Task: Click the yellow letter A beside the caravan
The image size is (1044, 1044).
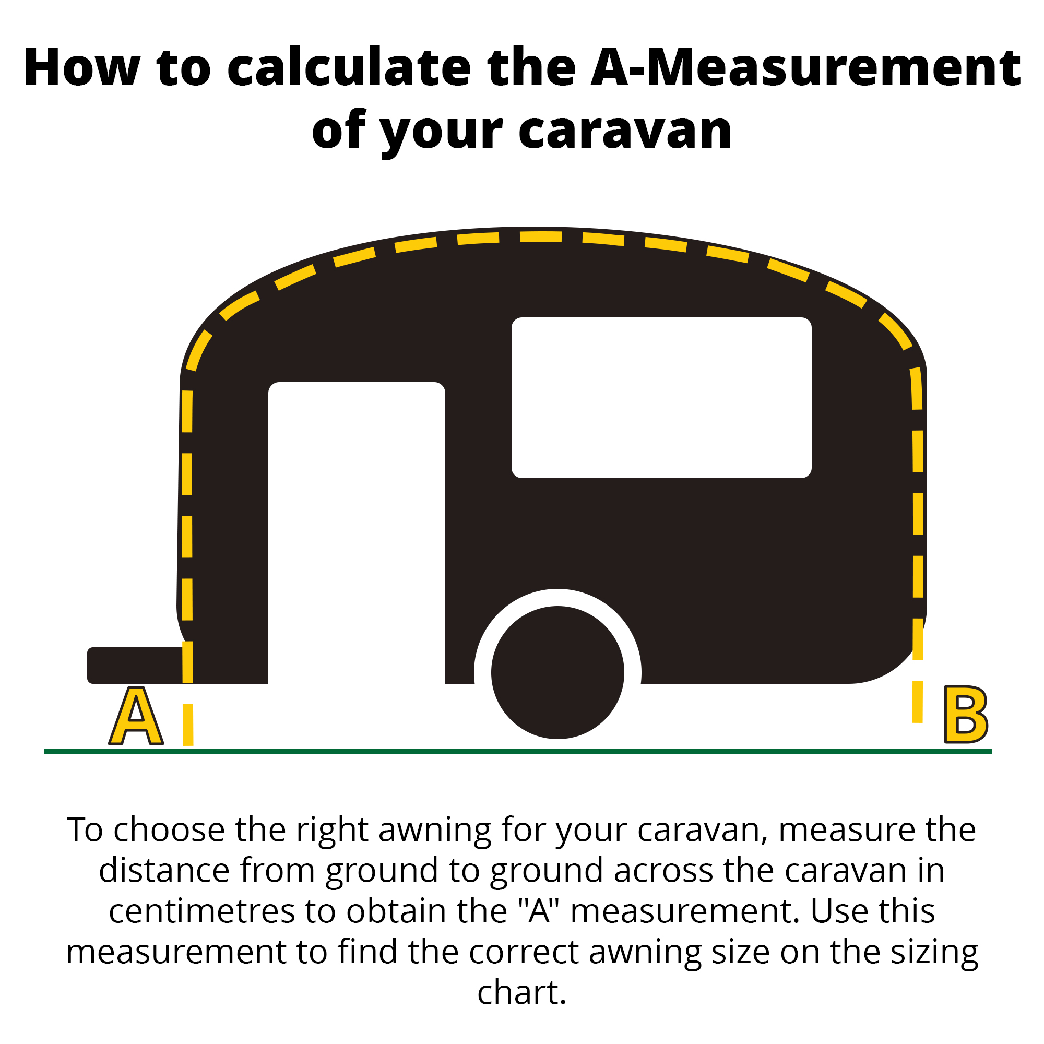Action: tap(136, 716)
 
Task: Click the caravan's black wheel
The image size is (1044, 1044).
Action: tap(557, 672)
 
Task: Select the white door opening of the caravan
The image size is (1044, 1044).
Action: tap(357, 533)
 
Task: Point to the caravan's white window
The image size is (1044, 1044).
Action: tap(661, 398)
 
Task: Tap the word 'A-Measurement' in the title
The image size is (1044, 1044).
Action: tap(805, 68)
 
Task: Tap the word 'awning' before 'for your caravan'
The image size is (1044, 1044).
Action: tap(435, 830)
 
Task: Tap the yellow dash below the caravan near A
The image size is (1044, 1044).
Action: tap(188, 725)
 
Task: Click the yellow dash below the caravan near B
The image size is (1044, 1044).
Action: tap(917, 702)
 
